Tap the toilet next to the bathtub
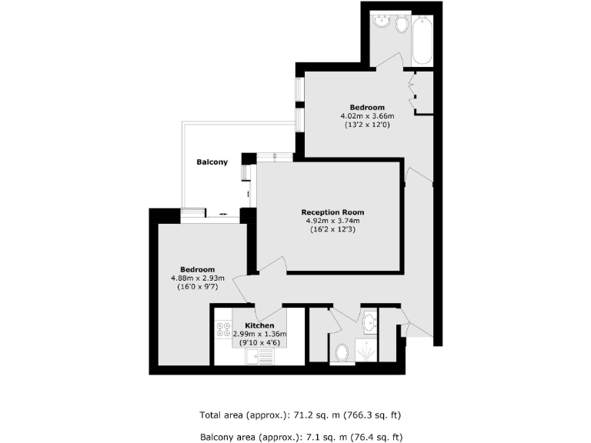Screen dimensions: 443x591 401,25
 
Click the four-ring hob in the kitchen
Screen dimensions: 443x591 224,329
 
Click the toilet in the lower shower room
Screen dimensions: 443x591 343,353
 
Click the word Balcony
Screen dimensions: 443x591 212,162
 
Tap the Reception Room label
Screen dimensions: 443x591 332,212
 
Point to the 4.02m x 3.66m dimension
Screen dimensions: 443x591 367,116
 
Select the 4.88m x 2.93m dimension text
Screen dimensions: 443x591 197,278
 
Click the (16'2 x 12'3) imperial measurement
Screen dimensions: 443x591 332,229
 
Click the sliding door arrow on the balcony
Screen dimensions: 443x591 222,213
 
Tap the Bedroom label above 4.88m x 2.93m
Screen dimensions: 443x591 197,269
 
